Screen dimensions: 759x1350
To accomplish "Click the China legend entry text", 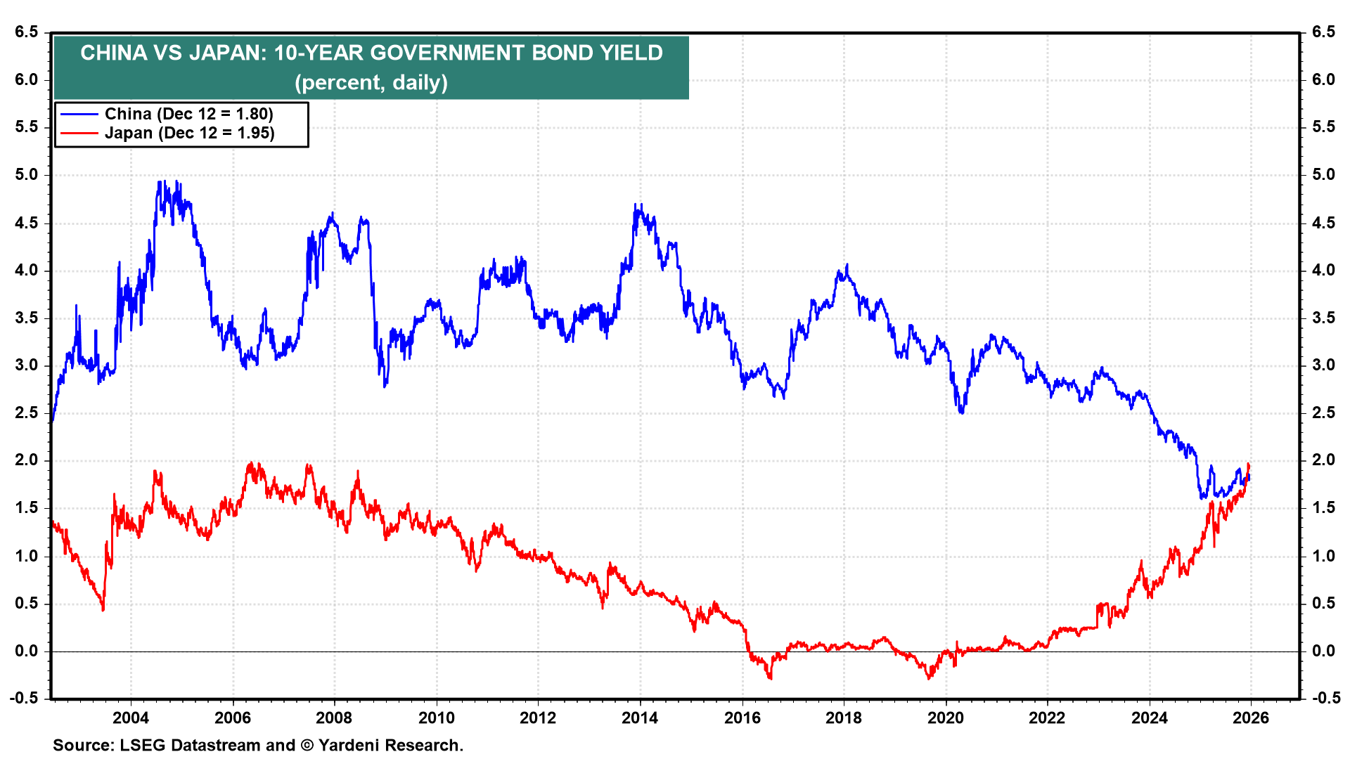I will [x=188, y=114].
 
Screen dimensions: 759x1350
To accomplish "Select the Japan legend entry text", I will [x=189, y=133].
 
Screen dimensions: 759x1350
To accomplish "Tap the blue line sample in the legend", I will [x=79, y=114].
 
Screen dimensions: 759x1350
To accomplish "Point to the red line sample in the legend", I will [x=79, y=133].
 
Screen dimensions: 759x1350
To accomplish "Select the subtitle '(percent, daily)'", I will [x=371, y=82].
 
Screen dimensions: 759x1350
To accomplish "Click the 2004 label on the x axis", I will [x=131, y=718].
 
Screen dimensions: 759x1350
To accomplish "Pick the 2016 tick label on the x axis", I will [x=742, y=718].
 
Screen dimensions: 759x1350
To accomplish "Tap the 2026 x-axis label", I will [x=1251, y=718].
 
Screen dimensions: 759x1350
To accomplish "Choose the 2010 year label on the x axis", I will [x=436, y=718].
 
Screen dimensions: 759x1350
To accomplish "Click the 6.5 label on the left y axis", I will [x=26, y=32].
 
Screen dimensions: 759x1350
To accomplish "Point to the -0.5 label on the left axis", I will [x=24, y=698].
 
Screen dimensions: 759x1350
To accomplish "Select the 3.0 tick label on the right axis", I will [x=1323, y=365].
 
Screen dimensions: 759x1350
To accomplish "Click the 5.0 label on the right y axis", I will [x=1323, y=175].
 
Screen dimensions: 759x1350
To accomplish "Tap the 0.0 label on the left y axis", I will [x=26, y=651].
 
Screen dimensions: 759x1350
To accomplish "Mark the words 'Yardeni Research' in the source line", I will [x=390, y=745].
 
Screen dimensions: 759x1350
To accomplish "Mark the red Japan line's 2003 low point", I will [x=103, y=609].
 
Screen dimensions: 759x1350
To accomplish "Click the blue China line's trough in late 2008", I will [x=385, y=386].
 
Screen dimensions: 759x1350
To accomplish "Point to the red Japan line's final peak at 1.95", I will [x=1248, y=464].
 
